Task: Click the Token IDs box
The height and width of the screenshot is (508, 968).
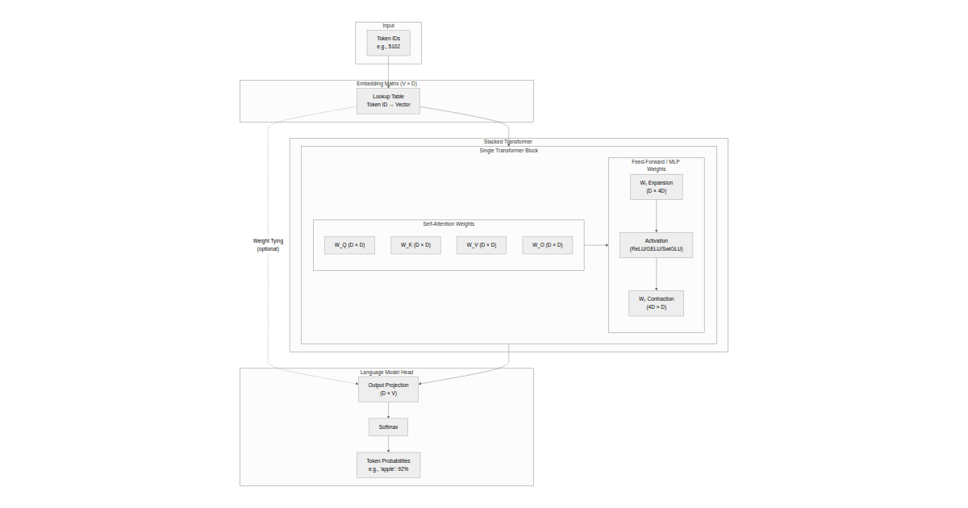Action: tap(388, 43)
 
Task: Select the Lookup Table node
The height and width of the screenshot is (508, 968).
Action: tap(388, 101)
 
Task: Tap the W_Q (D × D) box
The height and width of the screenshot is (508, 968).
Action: tap(349, 245)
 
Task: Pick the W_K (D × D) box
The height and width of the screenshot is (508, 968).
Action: tap(415, 245)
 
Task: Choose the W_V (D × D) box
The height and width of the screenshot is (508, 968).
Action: tap(481, 245)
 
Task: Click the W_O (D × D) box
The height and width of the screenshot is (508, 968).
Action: tap(547, 245)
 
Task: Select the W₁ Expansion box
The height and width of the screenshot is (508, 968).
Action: tap(656, 187)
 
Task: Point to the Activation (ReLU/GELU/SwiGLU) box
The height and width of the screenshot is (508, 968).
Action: tap(656, 245)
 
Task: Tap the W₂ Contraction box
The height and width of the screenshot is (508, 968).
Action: tap(656, 303)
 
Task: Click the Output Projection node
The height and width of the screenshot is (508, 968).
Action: tap(388, 389)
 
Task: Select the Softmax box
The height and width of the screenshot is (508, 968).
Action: tap(388, 427)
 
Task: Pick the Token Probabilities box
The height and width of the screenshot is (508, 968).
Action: tap(388, 464)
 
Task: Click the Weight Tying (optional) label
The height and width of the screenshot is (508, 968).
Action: tap(268, 244)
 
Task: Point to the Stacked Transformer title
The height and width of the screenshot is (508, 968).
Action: tap(507, 142)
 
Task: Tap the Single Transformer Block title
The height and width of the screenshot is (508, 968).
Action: tap(508, 151)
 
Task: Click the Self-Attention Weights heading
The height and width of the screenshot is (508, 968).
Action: tap(449, 224)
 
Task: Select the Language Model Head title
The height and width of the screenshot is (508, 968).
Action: tap(386, 373)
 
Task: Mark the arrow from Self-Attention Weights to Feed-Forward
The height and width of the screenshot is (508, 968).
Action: tap(596, 245)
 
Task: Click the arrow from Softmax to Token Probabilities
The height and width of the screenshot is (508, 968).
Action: tap(388, 444)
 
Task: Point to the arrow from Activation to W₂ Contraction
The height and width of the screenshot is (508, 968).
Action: tap(656, 274)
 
